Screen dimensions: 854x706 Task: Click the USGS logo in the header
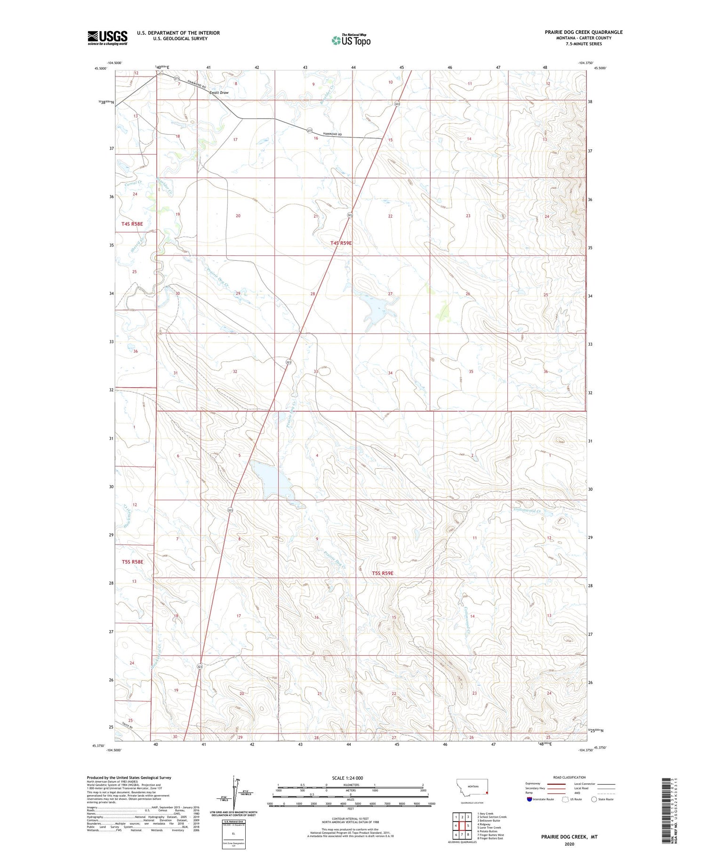(x=107, y=38)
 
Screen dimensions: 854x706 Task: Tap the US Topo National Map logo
(x=351, y=40)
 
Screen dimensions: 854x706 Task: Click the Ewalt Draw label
(x=219, y=93)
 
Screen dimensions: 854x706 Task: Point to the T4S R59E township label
(x=341, y=243)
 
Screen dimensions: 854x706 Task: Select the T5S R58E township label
(x=132, y=561)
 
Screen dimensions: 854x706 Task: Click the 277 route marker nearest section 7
(x=176, y=79)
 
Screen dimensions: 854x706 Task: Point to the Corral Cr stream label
(x=133, y=184)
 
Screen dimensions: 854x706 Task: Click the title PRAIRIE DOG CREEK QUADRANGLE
(x=584, y=32)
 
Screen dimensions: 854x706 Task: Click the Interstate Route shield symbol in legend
(x=529, y=799)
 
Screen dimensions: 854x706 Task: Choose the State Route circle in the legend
(x=594, y=799)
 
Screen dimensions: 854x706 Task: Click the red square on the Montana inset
(x=487, y=792)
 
